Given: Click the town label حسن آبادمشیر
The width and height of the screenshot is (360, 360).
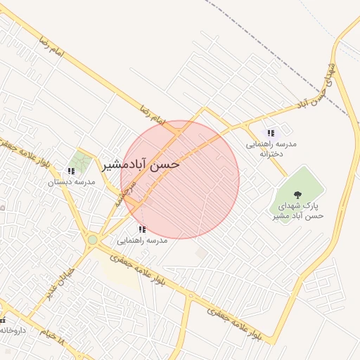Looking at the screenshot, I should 141,165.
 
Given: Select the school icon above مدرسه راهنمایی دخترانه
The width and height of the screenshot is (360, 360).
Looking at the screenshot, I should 271,132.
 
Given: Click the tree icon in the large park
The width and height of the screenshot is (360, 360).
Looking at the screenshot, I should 297,195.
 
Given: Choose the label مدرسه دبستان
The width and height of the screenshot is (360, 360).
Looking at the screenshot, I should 71,182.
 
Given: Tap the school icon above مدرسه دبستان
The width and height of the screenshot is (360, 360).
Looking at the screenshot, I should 70,171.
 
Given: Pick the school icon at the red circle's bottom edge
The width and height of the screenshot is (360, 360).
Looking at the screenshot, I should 142,229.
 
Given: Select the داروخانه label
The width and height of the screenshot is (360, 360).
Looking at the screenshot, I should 13,329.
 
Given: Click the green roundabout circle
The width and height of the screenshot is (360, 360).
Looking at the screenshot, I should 93,240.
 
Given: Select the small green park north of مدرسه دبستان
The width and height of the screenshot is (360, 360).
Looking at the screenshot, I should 81,161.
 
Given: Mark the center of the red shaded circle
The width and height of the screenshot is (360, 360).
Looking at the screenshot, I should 180,179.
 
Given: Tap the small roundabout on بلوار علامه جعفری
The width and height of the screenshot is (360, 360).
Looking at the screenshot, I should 190,295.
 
